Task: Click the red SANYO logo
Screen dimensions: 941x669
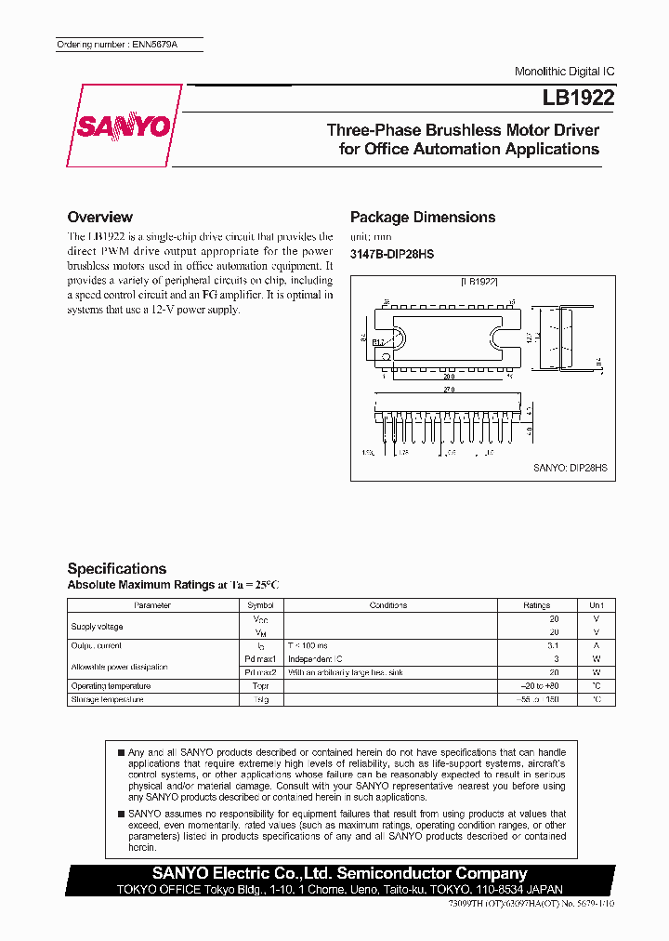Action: point(123,126)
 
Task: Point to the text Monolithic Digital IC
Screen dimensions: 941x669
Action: point(564,72)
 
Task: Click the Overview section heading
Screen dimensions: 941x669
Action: point(100,217)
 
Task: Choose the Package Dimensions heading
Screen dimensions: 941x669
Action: point(422,217)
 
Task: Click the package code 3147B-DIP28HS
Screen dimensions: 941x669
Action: point(391,254)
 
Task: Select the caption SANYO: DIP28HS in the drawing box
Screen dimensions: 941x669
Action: point(570,470)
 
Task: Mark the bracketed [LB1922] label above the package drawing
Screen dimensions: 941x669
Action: point(479,280)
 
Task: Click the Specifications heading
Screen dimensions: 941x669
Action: point(117,568)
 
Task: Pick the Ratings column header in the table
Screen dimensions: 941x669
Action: point(537,605)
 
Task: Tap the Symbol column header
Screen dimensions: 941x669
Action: point(260,605)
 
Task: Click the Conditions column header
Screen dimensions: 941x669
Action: point(387,605)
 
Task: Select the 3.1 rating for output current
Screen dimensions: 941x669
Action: point(553,645)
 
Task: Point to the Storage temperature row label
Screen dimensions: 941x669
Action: point(107,699)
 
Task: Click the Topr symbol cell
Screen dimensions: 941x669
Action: point(260,686)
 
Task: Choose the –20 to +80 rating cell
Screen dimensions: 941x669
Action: point(541,686)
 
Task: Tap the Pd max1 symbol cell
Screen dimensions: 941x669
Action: point(260,658)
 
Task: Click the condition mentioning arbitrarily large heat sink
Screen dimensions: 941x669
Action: point(345,672)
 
